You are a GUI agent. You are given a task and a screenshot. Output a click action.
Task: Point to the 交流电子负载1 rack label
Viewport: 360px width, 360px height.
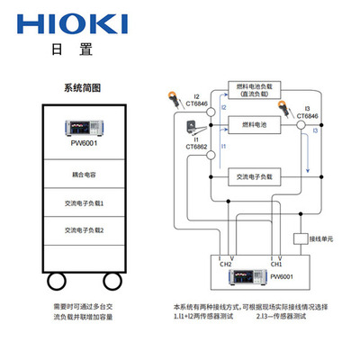pos(82,203)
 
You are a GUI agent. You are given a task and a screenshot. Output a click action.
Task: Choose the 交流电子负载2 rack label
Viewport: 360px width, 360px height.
pos(82,230)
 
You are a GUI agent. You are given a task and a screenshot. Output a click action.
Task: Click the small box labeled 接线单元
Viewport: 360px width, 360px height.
pos(303,240)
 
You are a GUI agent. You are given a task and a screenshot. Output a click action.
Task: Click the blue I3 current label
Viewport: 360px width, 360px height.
pos(314,131)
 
